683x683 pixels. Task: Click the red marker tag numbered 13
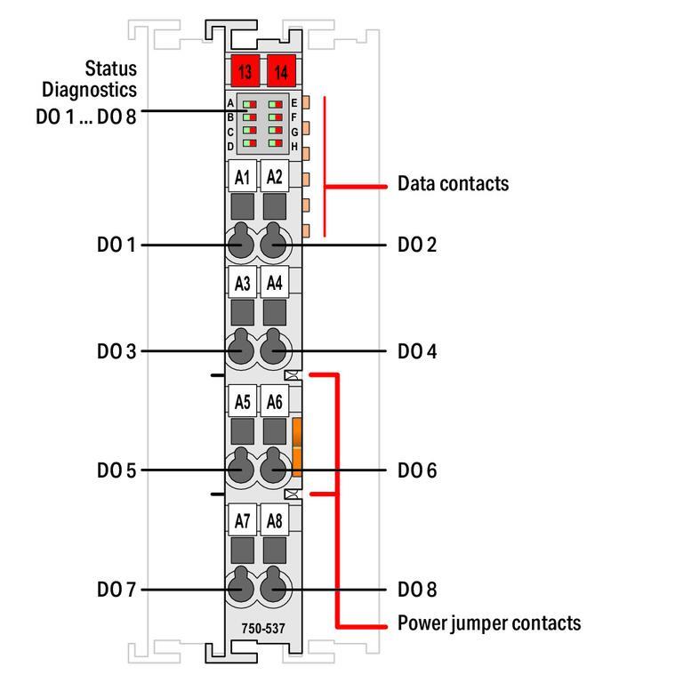click(x=245, y=71)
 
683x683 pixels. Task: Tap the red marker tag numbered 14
click(x=282, y=71)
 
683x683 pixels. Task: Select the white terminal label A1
click(x=242, y=177)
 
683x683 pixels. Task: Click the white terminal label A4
click(x=275, y=284)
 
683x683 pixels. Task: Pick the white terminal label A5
click(x=242, y=402)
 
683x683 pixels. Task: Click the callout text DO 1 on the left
click(x=116, y=245)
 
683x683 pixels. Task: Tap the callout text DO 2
click(x=417, y=245)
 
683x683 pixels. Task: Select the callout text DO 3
click(x=116, y=351)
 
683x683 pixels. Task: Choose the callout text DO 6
click(x=417, y=470)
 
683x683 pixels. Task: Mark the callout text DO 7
click(x=116, y=590)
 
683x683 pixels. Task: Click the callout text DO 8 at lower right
click(x=417, y=590)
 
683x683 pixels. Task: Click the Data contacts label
click(x=454, y=184)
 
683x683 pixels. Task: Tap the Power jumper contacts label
click(x=489, y=623)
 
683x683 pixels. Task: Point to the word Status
click(x=111, y=68)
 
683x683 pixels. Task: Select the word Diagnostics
click(x=90, y=90)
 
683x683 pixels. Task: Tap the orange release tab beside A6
click(x=297, y=446)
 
